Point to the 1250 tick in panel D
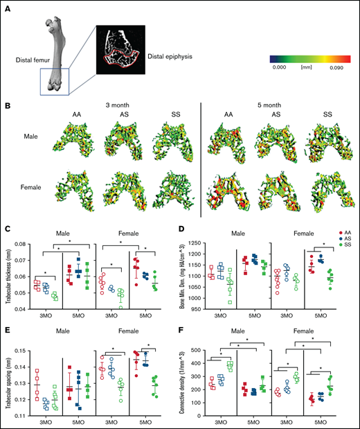point(206,244)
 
